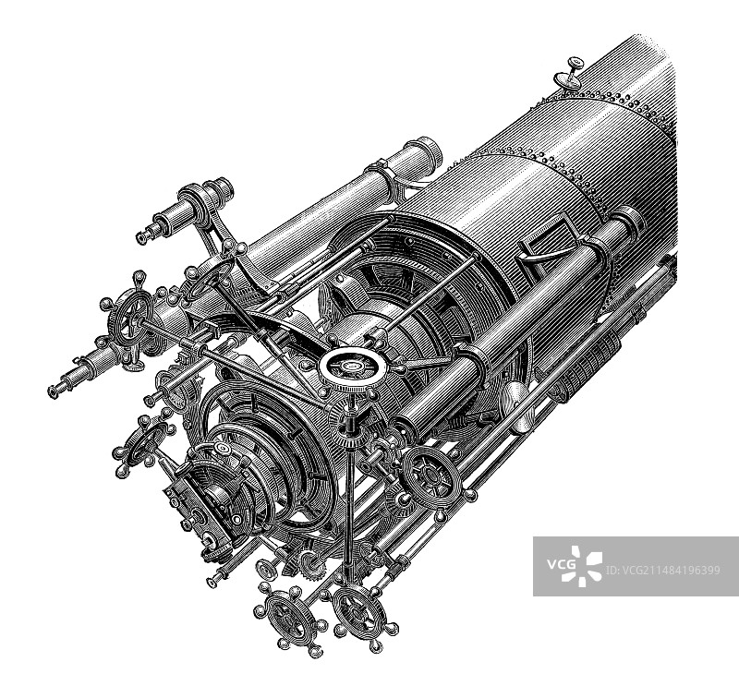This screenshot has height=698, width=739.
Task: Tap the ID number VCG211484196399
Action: [662, 571]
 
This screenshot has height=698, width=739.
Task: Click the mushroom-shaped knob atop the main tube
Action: [568, 75]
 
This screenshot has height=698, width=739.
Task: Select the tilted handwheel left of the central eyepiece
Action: [143, 443]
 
